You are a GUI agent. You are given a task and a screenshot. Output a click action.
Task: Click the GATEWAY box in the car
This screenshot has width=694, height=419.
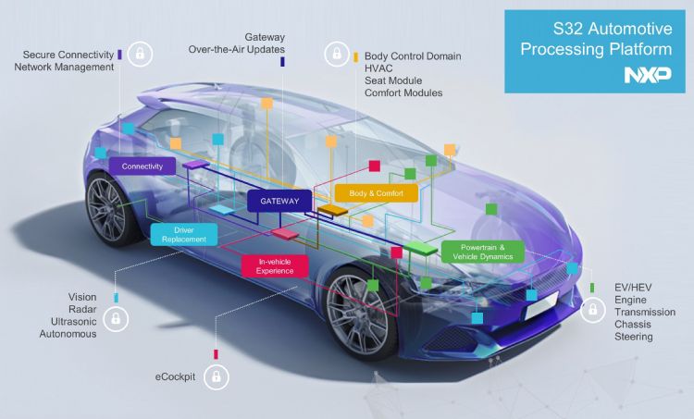279,201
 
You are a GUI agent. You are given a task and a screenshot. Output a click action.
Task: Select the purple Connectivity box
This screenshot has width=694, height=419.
143,166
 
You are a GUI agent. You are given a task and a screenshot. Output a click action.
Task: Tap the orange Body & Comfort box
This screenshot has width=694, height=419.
377,193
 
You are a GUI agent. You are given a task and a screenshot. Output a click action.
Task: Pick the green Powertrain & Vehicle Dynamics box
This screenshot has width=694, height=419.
483,252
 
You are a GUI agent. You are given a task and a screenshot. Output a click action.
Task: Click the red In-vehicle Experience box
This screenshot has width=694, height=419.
275,266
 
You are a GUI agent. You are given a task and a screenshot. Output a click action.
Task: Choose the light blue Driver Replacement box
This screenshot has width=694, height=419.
184,235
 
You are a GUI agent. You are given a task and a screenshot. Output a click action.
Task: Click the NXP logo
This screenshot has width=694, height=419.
648,75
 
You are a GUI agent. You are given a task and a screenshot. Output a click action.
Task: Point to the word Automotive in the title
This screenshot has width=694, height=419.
630,29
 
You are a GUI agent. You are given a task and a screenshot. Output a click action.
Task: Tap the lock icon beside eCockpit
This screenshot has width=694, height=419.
216,376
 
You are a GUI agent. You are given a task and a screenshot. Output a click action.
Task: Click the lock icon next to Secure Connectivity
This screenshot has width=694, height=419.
140,54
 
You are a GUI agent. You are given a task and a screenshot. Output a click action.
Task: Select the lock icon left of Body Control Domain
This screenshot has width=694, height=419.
337,54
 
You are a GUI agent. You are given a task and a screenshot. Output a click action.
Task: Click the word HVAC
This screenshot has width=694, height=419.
378,68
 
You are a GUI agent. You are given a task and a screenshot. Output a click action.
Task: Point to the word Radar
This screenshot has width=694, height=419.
82,309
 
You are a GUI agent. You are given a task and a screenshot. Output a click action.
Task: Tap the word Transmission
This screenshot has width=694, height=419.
645,312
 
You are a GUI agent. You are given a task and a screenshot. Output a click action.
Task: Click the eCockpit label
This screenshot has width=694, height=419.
175,377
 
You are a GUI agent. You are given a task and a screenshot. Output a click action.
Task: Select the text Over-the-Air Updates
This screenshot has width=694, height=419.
236,49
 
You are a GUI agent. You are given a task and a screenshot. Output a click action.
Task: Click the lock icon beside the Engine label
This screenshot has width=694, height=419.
592,310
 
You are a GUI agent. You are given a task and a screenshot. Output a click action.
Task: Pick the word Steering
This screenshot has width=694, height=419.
633,338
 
